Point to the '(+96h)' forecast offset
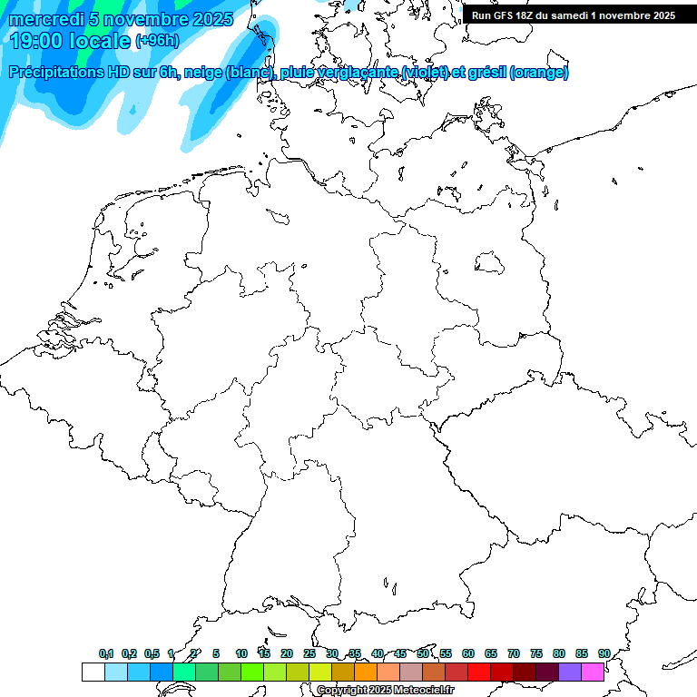point(157,40)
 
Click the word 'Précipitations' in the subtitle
point(56,73)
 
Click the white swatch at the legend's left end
point(93,672)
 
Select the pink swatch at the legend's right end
point(593,672)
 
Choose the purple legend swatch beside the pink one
point(570,672)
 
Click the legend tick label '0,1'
point(106,653)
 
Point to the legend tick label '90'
point(604,653)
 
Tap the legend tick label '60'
point(468,653)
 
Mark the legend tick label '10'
point(241,653)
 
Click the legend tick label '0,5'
point(152,653)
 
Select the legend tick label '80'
point(559,653)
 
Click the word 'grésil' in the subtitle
point(486,73)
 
